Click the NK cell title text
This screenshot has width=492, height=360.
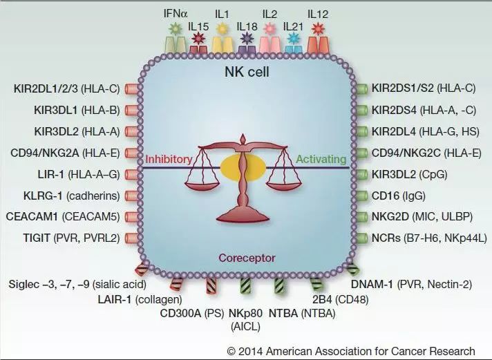(245, 72)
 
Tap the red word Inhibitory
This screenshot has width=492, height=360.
(168, 160)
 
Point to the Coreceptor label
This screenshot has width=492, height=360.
(247, 258)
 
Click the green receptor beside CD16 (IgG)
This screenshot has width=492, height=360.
(361, 196)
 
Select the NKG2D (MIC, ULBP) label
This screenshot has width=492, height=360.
(422, 217)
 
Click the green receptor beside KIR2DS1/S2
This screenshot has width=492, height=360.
(361, 88)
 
